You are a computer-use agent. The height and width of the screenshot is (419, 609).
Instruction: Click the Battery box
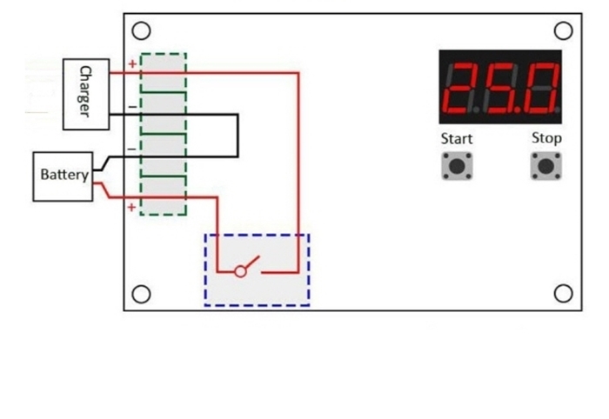64,176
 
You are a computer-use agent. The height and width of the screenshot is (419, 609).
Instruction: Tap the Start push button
457,166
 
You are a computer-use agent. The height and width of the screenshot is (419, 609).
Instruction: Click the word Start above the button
457,139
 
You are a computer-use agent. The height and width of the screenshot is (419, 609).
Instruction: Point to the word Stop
546,138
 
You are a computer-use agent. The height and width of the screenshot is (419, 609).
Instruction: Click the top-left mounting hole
142,30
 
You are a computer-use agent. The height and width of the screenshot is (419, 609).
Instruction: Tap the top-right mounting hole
564,30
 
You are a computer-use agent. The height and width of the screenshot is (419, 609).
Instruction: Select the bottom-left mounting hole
142,293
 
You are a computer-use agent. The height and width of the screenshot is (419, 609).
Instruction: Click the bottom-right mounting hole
564,293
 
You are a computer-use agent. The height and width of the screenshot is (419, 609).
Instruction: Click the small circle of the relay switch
240,271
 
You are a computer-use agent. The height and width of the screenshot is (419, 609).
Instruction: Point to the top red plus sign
132,64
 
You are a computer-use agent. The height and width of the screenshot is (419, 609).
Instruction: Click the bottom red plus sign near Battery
132,207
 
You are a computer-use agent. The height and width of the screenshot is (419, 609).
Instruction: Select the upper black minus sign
132,107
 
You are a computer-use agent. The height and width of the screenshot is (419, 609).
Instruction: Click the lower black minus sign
132,150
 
